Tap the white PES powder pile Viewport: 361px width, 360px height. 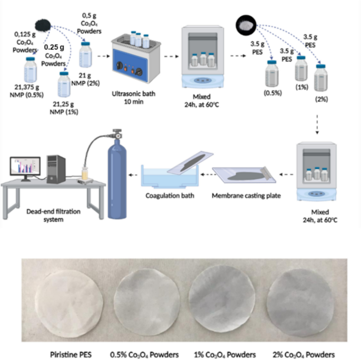[x=246, y=23]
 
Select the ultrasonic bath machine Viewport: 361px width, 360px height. [x=132, y=58]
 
